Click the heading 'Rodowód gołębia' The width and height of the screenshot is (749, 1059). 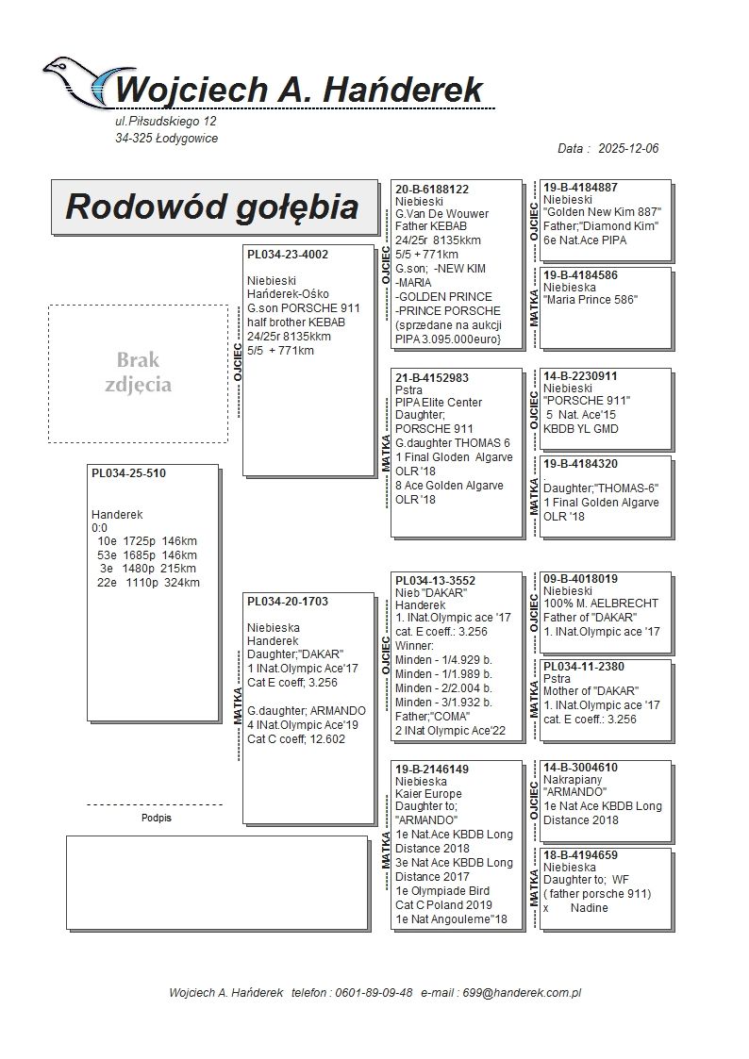point(211,207)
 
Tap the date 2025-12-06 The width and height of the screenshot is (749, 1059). point(627,149)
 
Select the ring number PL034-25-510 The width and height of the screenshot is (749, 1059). point(128,473)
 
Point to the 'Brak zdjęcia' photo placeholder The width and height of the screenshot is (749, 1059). point(138,372)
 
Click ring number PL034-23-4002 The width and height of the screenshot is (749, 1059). point(288,255)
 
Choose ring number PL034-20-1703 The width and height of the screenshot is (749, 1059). point(288,602)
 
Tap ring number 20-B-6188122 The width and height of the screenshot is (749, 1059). point(432,190)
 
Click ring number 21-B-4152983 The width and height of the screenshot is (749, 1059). point(432,378)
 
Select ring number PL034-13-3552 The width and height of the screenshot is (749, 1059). point(435,581)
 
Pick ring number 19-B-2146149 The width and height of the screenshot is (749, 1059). point(432,769)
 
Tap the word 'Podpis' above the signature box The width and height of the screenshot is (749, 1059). point(156,819)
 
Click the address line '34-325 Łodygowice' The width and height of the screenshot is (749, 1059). point(166,139)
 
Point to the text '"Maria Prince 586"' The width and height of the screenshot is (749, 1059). point(591,300)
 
